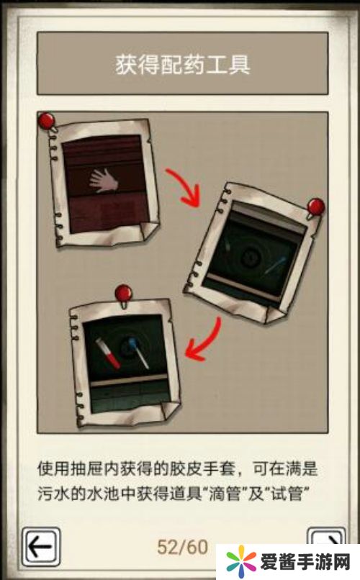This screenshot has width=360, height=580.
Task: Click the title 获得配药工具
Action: coord(182,64)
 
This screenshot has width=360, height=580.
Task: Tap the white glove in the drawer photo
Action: coord(103,180)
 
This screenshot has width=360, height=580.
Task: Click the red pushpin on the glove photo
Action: coord(47,122)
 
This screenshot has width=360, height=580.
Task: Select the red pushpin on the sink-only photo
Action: coord(315,207)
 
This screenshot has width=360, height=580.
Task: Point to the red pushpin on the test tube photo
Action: coord(123,294)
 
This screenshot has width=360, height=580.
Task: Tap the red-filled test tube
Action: coord(108,353)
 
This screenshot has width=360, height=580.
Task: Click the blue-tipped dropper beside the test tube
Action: coord(138,352)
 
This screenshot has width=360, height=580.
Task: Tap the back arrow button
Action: coord(41,547)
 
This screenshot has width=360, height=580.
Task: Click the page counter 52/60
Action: coord(182,547)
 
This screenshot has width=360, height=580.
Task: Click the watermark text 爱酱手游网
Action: coord(305,563)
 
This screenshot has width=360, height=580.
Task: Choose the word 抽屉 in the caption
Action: coord(91,469)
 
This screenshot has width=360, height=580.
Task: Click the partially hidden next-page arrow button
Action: coord(326,535)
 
